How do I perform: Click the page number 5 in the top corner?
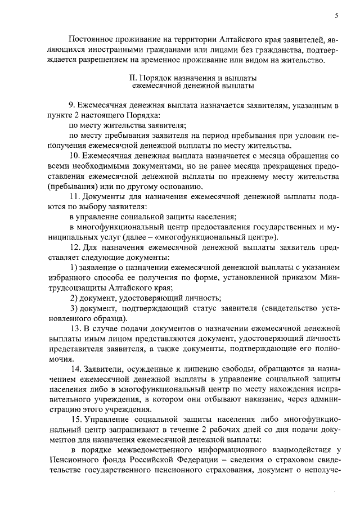(336, 16)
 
